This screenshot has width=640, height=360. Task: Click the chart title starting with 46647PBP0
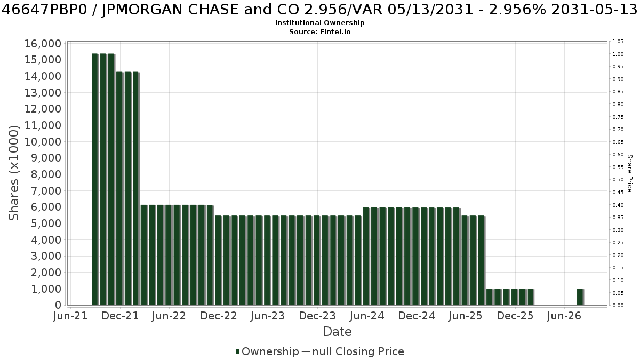[x=319, y=10]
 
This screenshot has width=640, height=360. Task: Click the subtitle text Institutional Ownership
[x=319, y=23]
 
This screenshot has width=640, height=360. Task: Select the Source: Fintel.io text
[x=319, y=31]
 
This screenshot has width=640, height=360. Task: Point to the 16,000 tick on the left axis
[x=43, y=44]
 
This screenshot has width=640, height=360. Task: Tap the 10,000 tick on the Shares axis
[x=43, y=142]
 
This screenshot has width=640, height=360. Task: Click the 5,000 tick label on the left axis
[x=46, y=223]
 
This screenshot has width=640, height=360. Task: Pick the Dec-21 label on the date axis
[x=121, y=316]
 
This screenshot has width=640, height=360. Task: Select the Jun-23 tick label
[x=268, y=316]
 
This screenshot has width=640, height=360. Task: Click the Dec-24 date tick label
[x=417, y=316]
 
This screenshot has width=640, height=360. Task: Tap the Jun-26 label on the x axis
[x=564, y=316]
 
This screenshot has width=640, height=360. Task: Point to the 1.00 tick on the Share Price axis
[x=618, y=54]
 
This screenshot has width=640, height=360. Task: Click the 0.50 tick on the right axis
[x=618, y=180]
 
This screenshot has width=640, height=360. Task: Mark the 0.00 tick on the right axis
[x=618, y=306]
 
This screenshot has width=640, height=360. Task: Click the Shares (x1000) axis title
[x=14, y=173]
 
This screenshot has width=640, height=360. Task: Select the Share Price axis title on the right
[x=630, y=173]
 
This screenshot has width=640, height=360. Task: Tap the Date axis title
[x=337, y=332]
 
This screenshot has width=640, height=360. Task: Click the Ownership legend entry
[x=267, y=351]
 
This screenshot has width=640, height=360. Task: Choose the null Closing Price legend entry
[x=353, y=351]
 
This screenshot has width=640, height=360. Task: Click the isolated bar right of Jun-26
[x=580, y=297]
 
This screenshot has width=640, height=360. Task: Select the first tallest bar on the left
[x=95, y=179]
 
